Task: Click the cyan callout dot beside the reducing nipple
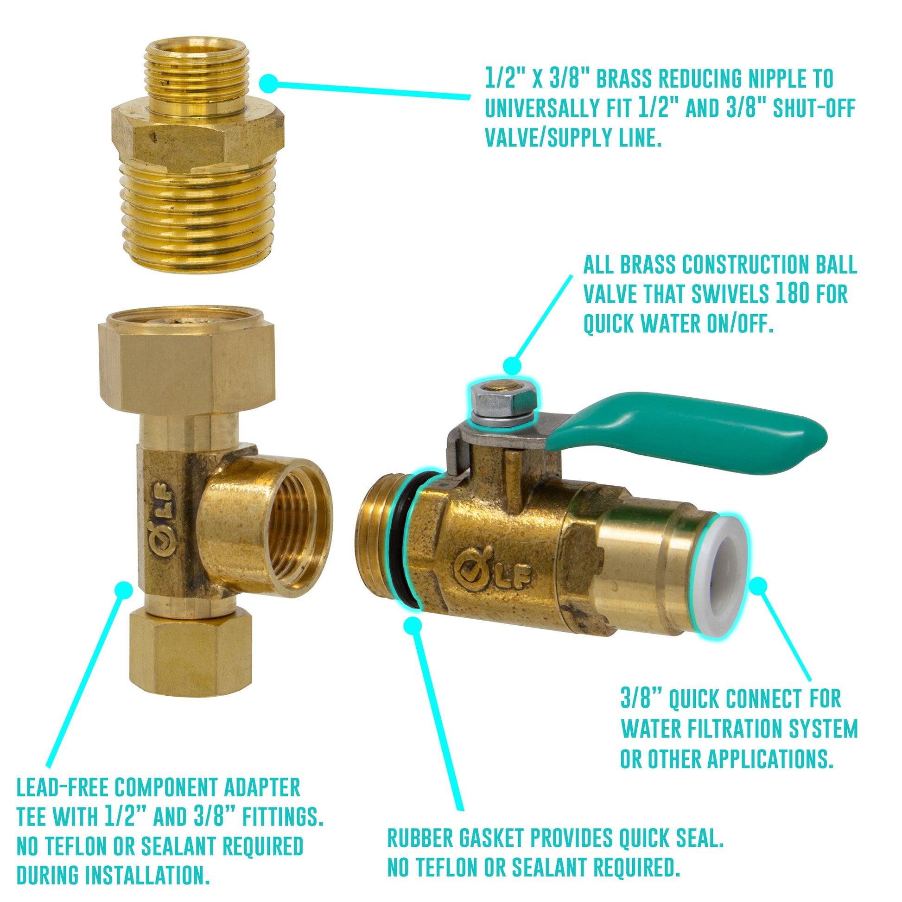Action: [x=268, y=84]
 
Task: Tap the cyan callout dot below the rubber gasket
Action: [x=412, y=626]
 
